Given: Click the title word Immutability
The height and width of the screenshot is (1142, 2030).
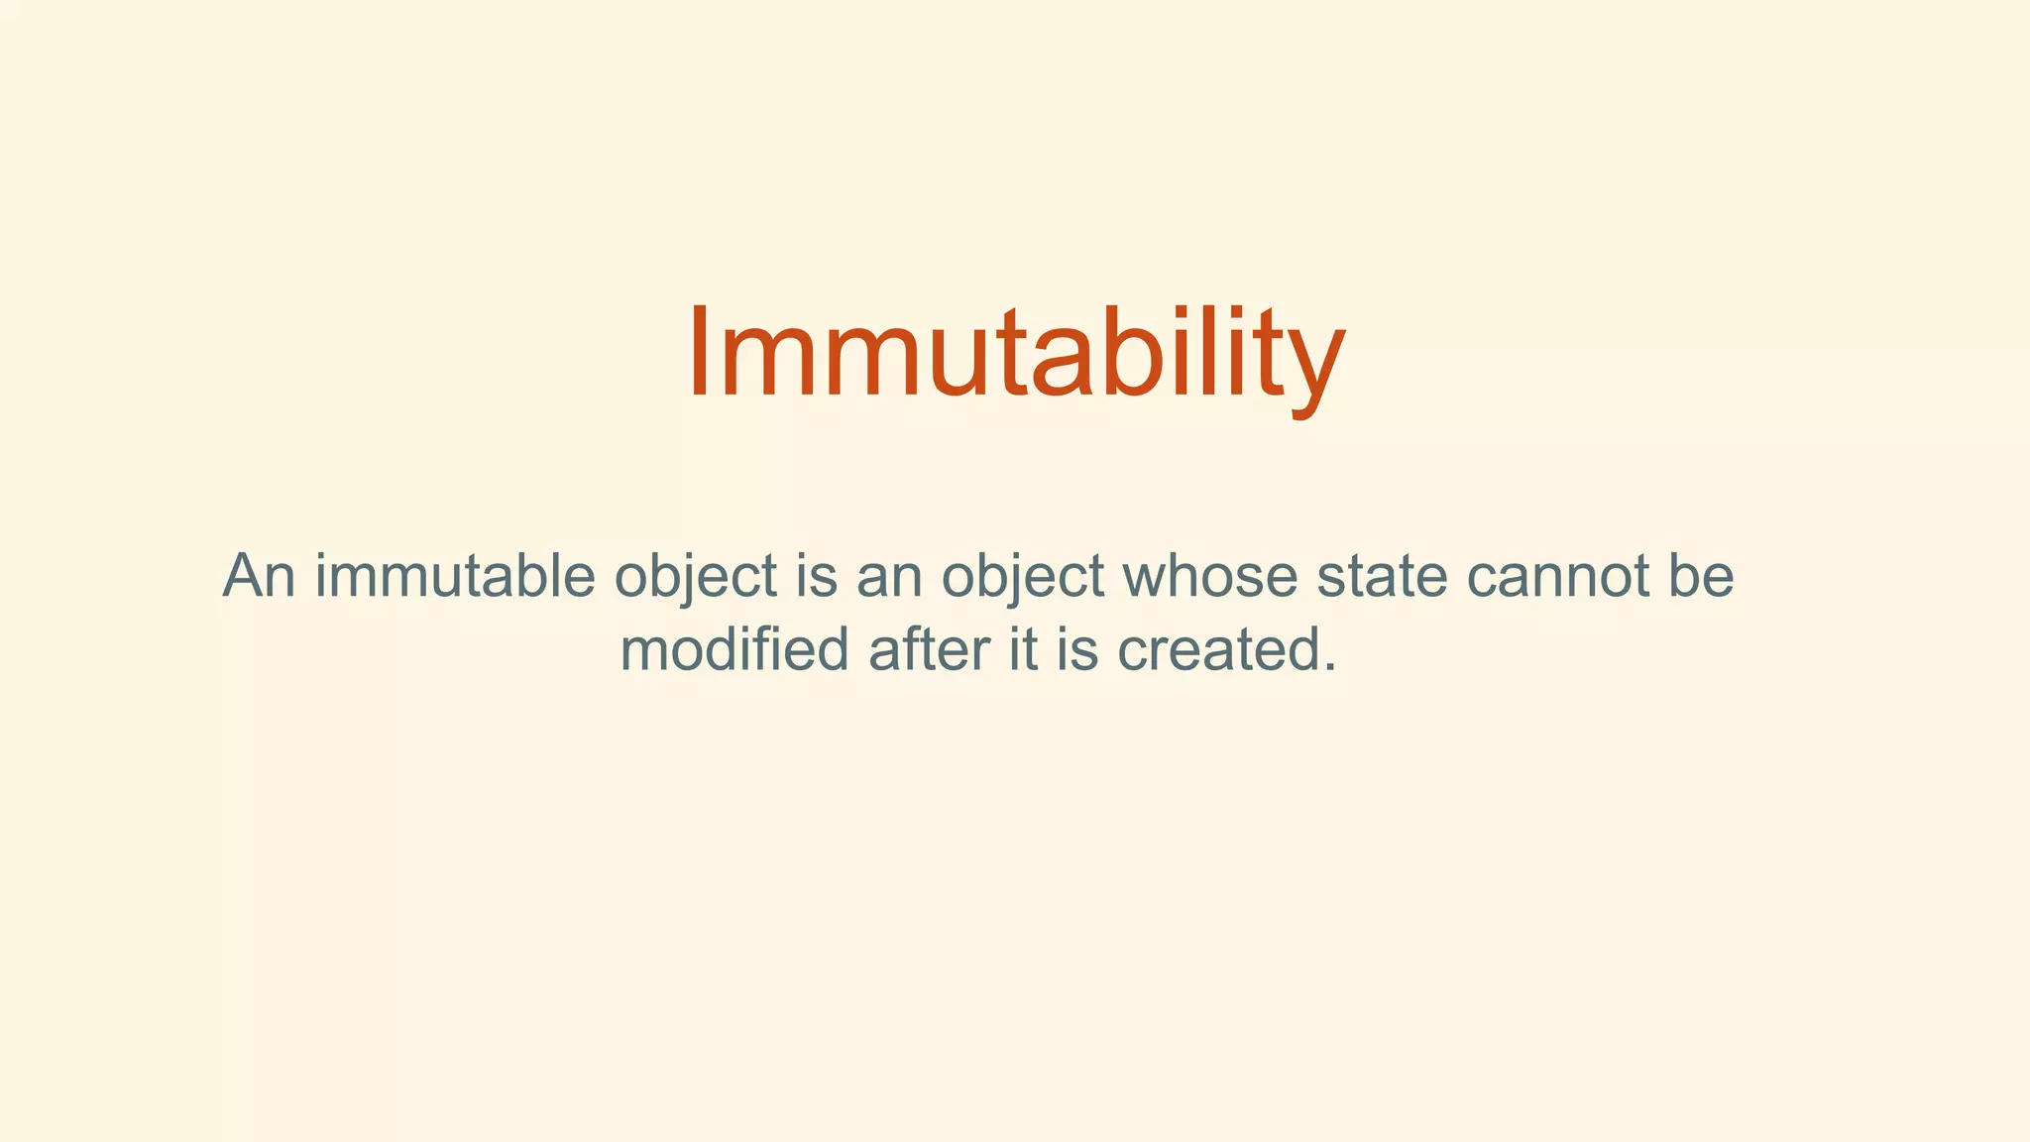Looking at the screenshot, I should (1015, 355).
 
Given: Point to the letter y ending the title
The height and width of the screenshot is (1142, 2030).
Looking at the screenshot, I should (1318, 367).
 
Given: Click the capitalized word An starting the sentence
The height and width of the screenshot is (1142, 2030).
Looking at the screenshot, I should (259, 576).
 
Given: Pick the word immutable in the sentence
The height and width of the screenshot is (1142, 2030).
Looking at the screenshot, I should (455, 576).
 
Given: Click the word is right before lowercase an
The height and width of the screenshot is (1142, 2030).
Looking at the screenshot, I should (817, 576).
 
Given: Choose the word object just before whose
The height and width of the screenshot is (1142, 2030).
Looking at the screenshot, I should (1023, 579).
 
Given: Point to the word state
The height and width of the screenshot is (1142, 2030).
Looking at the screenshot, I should (1382, 576).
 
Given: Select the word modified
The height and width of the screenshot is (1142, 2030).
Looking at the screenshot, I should (734, 650).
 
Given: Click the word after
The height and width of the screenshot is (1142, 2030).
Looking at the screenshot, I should (929, 650).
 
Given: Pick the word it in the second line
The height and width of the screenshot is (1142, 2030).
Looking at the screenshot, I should (1023, 650).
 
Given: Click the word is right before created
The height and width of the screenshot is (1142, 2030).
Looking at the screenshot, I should (1077, 650).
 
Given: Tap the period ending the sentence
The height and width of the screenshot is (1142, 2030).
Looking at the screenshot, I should (1330, 668).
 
